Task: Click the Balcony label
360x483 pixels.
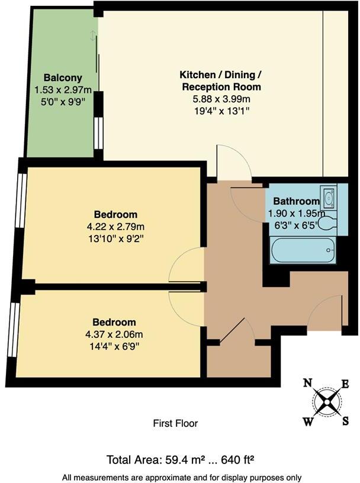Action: click(62, 78)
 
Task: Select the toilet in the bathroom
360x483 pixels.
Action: click(327, 224)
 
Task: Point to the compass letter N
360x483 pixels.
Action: click(308, 383)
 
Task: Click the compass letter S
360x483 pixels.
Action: click(345, 421)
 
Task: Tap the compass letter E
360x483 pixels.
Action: click(346, 384)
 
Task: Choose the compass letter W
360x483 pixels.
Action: click(308, 421)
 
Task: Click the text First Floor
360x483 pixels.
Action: click(175, 423)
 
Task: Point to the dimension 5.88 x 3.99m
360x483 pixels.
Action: click(220, 98)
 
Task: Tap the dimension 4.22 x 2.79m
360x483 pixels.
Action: click(115, 226)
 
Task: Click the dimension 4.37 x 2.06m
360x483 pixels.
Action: click(114, 334)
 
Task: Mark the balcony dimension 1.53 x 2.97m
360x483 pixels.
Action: click(63, 90)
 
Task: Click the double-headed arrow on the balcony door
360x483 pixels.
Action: click(92, 36)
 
